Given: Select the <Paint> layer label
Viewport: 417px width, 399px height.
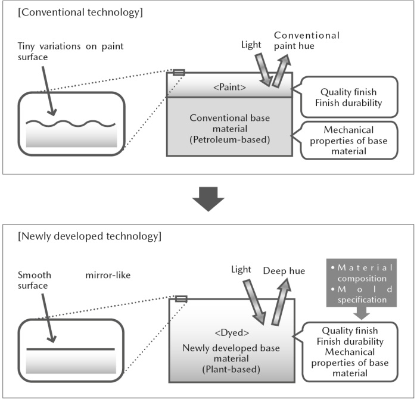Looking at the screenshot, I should [230, 88].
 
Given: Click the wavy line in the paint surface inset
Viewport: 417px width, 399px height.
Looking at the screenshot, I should [71, 123].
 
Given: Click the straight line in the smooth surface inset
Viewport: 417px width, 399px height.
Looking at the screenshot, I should [71, 348].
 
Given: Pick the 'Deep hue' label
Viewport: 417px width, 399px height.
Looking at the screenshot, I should [285, 271].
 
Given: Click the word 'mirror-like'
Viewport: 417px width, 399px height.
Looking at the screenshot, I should [107, 276].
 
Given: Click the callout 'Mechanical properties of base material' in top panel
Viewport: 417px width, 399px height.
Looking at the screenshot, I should [348, 141].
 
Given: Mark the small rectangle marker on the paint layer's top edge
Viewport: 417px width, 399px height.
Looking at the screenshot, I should [179, 73].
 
